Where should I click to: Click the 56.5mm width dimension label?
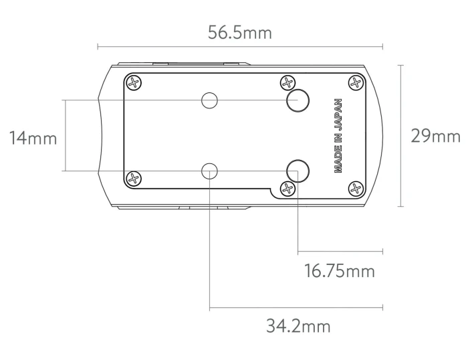(x=240, y=32)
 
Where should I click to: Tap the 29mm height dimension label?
(x=436, y=136)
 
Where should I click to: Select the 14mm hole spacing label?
(x=33, y=138)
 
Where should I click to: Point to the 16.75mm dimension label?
(x=340, y=271)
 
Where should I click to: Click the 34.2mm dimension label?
(x=298, y=326)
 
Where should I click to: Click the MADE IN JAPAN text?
(x=338, y=136)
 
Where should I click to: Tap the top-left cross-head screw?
(x=134, y=82)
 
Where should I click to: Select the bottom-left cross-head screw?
(x=134, y=179)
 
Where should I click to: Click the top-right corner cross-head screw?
(x=356, y=82)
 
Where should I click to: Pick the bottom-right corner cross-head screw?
(x=356, y=189)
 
